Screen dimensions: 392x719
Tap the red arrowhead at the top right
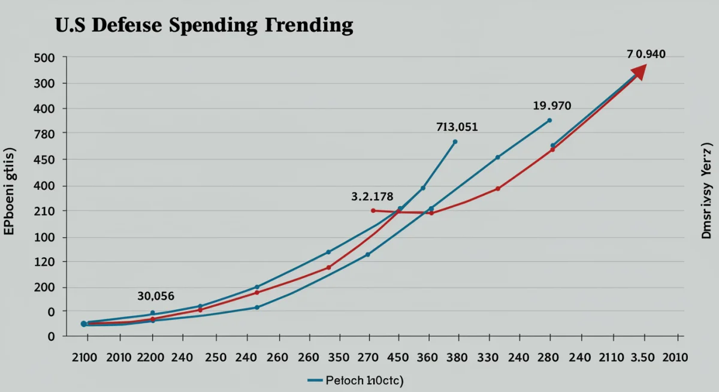639,71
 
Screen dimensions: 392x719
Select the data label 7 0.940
646,54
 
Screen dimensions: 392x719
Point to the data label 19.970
552,106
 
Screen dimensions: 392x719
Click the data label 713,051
457,127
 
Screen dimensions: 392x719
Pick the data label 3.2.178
371,196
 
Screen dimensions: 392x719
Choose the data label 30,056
156,295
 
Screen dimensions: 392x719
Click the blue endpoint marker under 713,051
455,142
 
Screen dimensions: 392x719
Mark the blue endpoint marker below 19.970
549,120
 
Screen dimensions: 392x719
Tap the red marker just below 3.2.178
373,210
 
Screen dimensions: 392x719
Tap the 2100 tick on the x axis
84,357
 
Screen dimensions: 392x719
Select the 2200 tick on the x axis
150,357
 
